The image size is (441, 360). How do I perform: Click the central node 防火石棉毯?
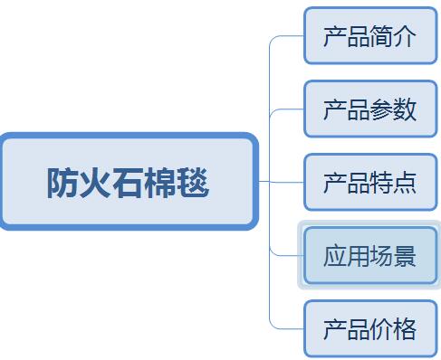[129, 182]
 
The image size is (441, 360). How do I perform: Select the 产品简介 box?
[370, 36]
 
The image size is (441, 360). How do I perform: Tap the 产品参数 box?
[370, 109]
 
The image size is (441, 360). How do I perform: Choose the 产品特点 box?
[370, 183]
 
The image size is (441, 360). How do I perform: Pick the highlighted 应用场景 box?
[370, 256]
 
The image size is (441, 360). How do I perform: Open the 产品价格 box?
[370, 329]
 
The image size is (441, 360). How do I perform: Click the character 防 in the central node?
[62, 183]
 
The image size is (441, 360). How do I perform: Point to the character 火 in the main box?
[95, 183]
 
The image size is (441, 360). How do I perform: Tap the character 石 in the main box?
[128, 183]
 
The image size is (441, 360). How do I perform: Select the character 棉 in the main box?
[160, 183]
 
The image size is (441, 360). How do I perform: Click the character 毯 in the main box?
[193, 183]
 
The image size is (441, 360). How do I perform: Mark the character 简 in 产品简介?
[382, 36]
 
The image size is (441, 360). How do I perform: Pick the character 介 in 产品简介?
[405, 36]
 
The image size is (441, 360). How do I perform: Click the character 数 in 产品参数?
[405, 109]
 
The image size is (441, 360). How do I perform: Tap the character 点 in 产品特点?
[405, 183]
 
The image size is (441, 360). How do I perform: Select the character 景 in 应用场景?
[405, 256]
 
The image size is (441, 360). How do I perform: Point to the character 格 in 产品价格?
[405, 329]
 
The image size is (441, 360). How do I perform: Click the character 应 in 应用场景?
[335, 256]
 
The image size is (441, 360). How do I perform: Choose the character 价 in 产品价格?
[382, 329]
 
